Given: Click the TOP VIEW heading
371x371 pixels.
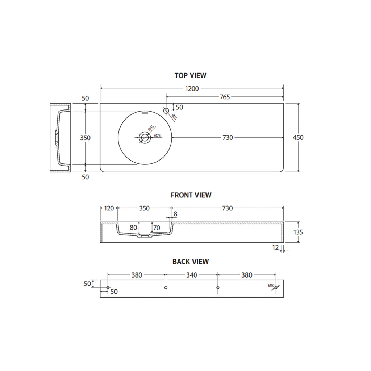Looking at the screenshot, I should pos(190,75).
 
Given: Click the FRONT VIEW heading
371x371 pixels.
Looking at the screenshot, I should pos(191,195).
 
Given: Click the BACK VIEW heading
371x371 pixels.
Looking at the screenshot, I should pos(191,261).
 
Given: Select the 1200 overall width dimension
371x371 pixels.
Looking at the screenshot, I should pos(192,88).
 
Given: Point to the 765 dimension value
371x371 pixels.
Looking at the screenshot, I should pos(225,97).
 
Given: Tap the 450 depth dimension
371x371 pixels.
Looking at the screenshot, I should pos(298,138).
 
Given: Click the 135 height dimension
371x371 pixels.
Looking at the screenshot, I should pos(298,232).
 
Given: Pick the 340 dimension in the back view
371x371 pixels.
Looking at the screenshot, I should pos(191,275).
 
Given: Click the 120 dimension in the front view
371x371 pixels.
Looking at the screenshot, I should pos(109,208).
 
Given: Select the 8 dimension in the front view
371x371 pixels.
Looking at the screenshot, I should pos(175,214).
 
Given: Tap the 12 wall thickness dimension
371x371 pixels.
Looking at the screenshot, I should pos(275,247).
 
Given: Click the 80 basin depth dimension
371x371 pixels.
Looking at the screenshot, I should pos(133,228).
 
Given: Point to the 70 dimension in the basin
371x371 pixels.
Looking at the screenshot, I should pos(157,228).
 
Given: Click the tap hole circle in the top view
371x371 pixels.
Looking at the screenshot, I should pos(166,111).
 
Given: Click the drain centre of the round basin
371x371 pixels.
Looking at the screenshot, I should pos(145,137).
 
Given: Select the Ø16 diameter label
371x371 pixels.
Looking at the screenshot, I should pos(271,285).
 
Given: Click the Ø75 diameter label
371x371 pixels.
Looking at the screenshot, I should pos(157,136).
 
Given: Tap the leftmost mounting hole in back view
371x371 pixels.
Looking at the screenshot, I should pos(108,288).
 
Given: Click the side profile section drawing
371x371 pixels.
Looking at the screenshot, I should pos(59,138).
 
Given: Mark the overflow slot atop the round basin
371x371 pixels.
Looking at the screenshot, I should pos(145,113).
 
